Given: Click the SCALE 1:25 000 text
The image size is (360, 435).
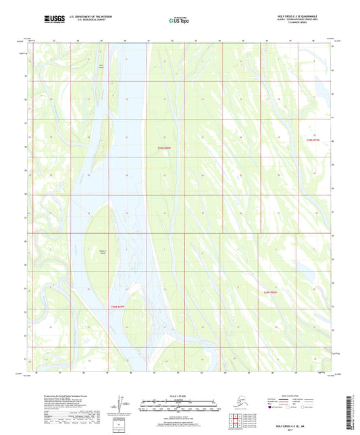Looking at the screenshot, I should (180, 396).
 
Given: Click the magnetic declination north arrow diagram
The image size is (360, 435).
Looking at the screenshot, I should (124, 405).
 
